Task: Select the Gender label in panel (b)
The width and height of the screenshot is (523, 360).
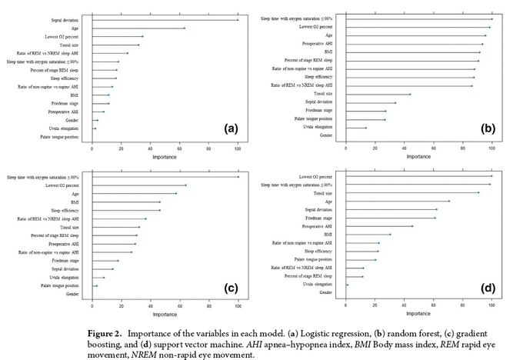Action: coord(326,135)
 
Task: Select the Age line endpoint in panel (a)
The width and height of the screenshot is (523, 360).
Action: coord(185,28)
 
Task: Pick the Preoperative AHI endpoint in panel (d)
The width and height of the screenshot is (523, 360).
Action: coord(412,226)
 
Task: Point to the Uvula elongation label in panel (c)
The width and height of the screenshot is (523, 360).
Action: coord(65,277)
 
